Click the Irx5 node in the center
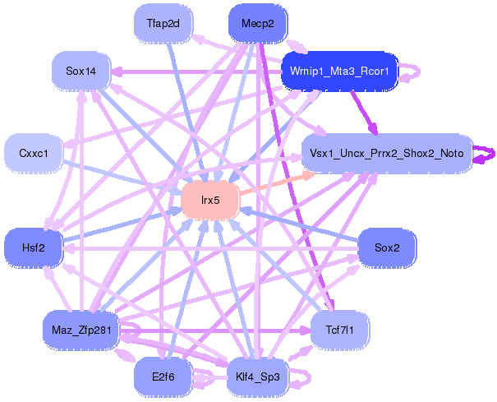click(209, 201)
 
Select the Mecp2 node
click(257, 22)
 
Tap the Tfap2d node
click(163, 23)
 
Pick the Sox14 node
click(81, 72)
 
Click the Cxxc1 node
click(34, 154)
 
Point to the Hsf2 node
click(33, 247)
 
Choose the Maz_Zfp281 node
click(81, 330)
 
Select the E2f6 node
click(163, 377)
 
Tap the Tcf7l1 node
click(339, 330)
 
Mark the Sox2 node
click(386, 247)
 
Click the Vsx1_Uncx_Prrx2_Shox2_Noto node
click(386, 154)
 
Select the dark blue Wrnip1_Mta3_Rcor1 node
click(339, 72)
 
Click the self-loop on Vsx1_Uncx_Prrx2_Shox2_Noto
click(487, 153)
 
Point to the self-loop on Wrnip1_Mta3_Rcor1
click(413, 72)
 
